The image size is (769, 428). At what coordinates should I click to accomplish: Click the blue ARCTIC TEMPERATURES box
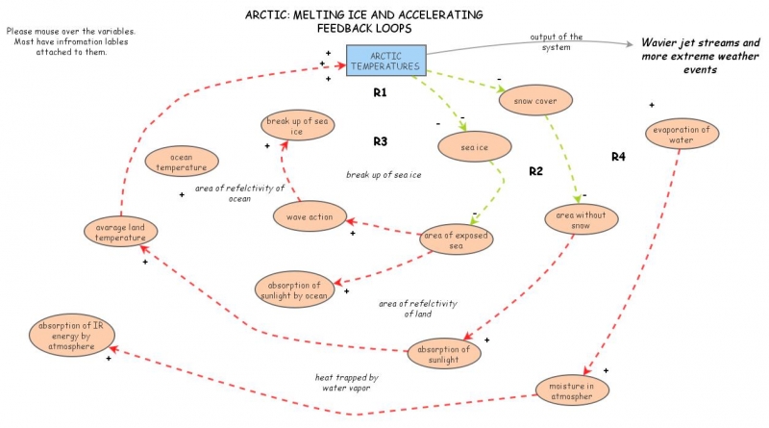click(384, 61)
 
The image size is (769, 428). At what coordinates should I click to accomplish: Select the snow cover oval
click(535, 100)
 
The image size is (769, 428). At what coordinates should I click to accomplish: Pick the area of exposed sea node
click(457, 239)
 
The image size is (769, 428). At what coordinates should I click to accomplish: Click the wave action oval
click(310, 217)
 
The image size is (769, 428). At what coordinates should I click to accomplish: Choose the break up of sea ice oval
click(296, 125)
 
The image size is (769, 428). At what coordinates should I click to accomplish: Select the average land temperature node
click(119, 232)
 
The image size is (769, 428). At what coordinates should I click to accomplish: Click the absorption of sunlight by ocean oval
click(294, 289)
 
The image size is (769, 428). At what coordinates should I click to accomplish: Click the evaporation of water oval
click(681, 135)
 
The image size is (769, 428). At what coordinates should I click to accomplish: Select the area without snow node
click(581, 221)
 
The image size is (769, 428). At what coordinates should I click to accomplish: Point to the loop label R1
click(380, 93)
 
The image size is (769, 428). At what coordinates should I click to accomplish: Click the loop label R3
click(380, 141)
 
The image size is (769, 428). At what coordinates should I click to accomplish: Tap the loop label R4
click(618, 156)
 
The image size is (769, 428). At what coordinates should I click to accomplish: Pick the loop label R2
click(536, 171)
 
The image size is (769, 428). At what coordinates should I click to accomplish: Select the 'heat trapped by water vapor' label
click(346, 383)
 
